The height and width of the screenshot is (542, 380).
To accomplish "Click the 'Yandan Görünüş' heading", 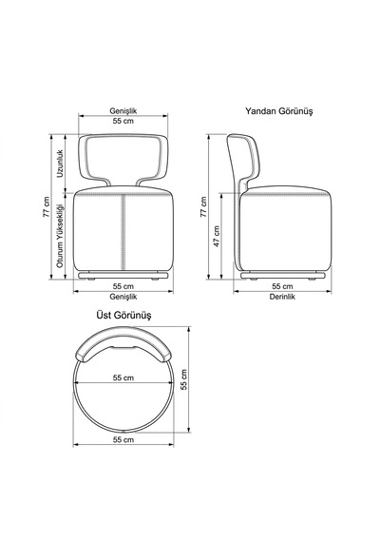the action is tap(278, 111).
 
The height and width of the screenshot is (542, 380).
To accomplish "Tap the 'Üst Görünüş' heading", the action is tap(123, 316).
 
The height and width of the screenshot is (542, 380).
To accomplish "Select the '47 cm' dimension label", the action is tap(217, 236).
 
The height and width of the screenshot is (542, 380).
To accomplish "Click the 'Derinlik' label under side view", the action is tap(282, 297).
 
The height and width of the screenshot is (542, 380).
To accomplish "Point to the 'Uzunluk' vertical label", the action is tap(60, 164).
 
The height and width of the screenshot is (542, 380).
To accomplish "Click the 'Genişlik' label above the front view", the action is tap(123, 111).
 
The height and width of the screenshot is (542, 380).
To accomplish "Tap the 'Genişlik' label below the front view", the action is tap(123, 297).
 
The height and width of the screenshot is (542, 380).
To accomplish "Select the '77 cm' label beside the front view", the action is tap(47, 206).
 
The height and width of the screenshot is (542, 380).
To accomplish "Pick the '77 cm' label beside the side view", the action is tap(203, 206).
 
